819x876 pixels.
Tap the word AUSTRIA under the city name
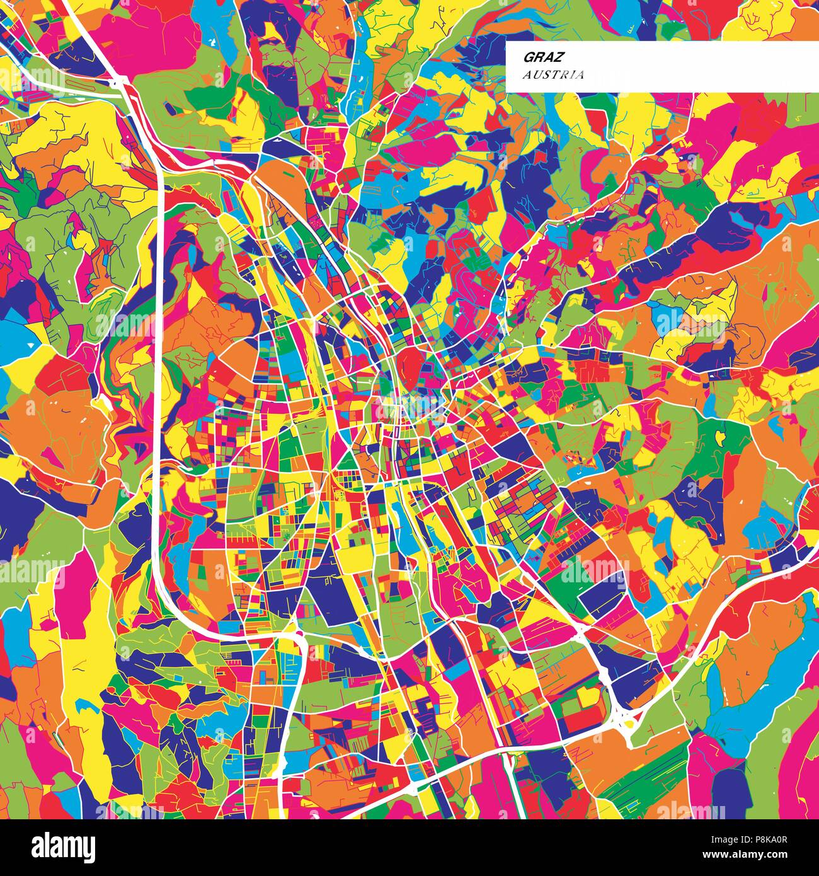[553, 75]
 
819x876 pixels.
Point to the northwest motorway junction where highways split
[123, 82]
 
